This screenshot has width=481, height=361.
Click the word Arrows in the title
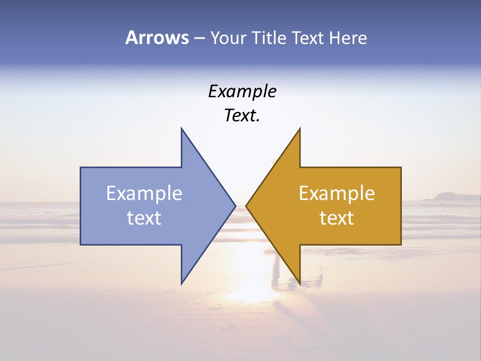[x=157, y=38]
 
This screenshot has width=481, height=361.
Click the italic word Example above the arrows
[x=242, y=92]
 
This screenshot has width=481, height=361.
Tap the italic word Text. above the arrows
[x=242, y=116]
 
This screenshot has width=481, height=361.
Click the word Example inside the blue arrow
[x=144, y=194]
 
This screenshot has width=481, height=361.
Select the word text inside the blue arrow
[x=144, y=218]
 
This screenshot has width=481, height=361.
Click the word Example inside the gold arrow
[x=337, y=194]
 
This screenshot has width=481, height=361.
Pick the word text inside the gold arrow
[x=337, y=218]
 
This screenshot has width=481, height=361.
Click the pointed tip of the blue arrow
[x=235, y=206]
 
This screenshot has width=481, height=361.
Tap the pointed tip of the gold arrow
[x=246, y=206]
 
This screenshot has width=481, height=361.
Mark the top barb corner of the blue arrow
[x=181, y=128]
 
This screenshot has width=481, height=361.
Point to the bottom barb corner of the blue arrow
[x=181, y=283]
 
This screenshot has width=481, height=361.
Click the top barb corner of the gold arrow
[x=300, y=128]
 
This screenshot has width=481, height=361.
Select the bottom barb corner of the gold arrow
[x=300, y=283]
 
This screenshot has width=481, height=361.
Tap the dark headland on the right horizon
[x=441, y=197]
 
